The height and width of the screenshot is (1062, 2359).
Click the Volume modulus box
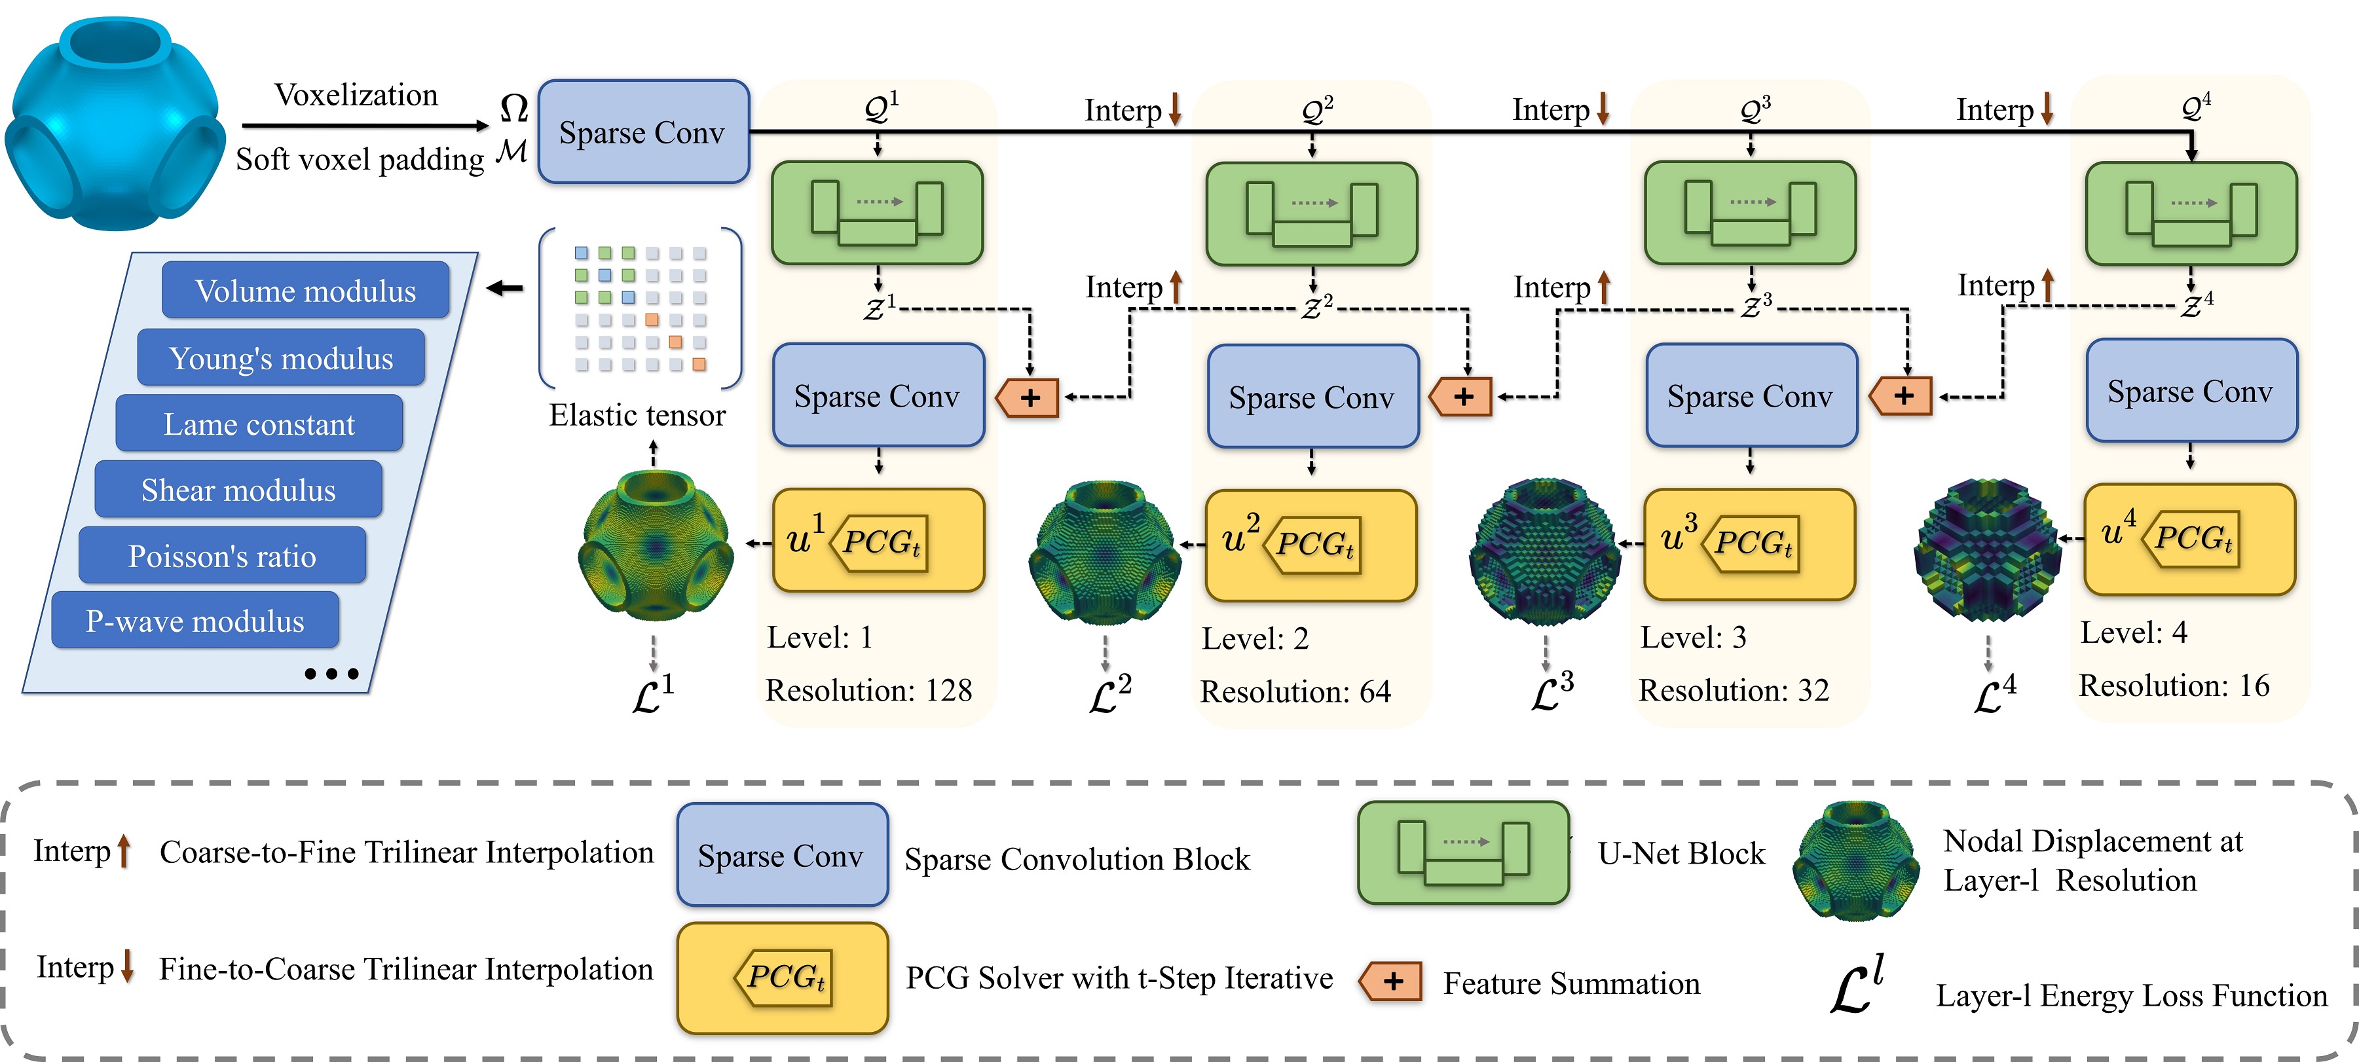(305, 290)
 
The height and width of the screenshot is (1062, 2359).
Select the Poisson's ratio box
(223, 556)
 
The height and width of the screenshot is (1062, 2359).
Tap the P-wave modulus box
(195, 621)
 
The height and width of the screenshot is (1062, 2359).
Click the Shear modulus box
(238, 490)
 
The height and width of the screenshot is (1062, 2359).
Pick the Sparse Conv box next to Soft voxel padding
(643, 133)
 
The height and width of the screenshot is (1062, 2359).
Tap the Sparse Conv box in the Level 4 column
(2191, 391)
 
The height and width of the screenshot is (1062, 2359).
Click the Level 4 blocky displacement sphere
(1987, 549)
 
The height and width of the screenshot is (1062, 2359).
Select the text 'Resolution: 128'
(868, 690)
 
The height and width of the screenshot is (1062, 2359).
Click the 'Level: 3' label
(1692, 637)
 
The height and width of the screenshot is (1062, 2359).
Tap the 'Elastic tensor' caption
(637, 416)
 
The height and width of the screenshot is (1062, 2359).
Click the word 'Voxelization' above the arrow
(356, 95)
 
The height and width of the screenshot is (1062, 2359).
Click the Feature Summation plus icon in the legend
(1391, 981)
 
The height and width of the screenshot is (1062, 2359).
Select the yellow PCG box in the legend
(782, 978)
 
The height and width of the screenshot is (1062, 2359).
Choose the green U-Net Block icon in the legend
(1462, 853)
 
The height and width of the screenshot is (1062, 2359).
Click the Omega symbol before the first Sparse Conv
(513, 108)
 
